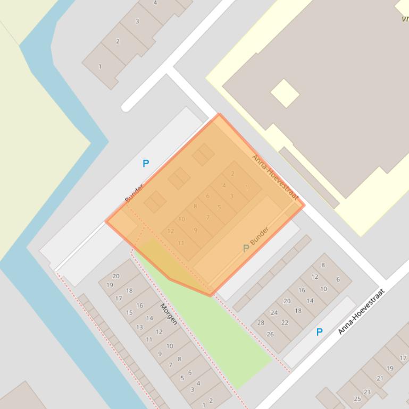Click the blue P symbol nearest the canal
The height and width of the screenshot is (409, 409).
pos(146,164)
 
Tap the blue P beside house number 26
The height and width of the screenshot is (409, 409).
pos(319,332)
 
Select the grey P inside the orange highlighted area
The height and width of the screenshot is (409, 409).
pos(246,248)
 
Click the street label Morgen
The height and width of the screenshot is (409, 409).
pos(169,314)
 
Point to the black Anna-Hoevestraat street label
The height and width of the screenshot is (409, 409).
pos(361,311)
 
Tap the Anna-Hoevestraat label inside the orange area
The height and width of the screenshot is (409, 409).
pos(275,177)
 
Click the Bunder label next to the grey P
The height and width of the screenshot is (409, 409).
pos(260,236)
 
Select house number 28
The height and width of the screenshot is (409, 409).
pos(261,322)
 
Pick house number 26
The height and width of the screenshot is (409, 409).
pos(270,334)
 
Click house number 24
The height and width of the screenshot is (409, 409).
pos(274,312)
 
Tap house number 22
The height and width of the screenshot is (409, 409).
pos(285,322)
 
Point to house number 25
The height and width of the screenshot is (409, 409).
pos(357,399)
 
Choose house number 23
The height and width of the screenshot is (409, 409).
pos(367,392)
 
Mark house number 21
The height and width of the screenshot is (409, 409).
pos(380,378)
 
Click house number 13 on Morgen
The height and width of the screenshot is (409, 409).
pos(139,327)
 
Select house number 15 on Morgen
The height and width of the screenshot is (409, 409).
pos(129,313)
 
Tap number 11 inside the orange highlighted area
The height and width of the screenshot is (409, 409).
pos(181,243)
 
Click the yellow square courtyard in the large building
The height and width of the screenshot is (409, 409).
pos(285,93)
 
